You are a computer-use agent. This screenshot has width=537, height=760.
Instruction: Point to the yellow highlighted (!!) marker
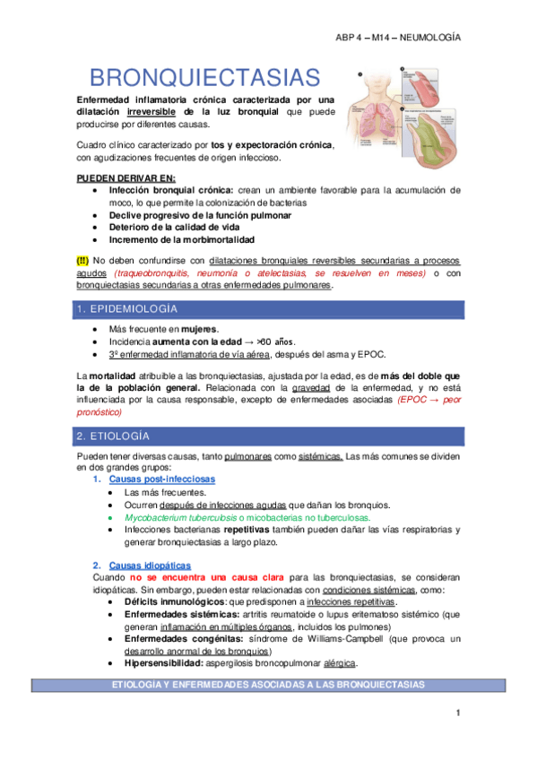click(x=82, y=260)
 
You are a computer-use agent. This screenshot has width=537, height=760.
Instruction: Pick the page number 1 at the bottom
click(x=456, y=712)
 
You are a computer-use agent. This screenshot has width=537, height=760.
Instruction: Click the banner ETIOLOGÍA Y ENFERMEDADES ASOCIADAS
click(x=268, y=684)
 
